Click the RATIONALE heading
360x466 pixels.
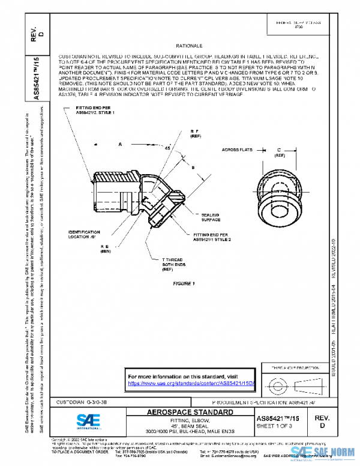click(x=189, y=46)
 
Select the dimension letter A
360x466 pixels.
click(x=120, y=145)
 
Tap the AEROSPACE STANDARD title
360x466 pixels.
click(x=190, y=413)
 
